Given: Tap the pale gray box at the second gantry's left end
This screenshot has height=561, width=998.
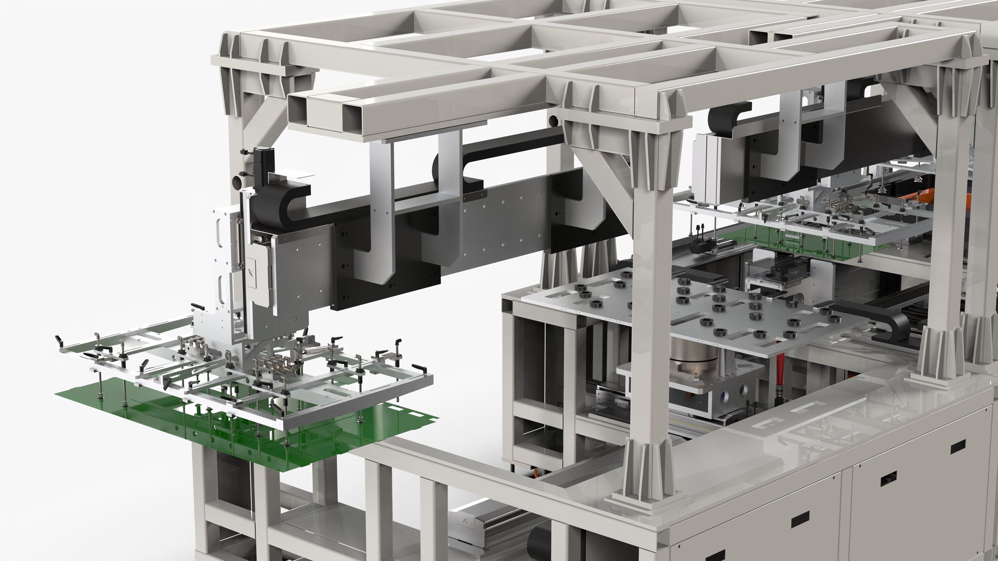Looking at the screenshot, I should tap(713, 166).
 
